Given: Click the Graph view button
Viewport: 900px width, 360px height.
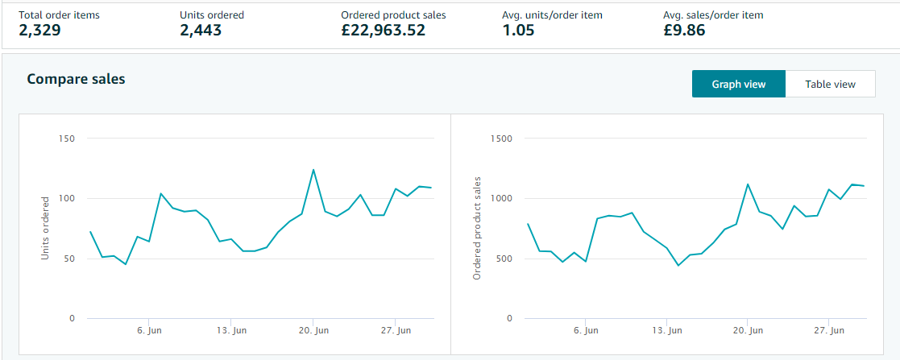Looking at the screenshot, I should [x=738, y=84].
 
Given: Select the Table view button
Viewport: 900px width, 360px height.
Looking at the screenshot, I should [x=830, y=84].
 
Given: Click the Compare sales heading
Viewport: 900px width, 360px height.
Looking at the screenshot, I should [x=76, y=79].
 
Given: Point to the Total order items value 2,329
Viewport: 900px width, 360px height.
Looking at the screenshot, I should [x=40, y=31].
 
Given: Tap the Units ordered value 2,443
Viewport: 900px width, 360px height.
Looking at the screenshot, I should [x=201, y=31].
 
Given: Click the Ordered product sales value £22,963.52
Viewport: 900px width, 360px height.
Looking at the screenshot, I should [x=384, y=31].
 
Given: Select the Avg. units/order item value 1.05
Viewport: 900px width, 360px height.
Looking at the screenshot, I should [x=520, y=31].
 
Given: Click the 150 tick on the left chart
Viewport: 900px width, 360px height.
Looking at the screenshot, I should [x=67, y=139].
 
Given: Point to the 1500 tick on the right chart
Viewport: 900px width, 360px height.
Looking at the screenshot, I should [x=501, y=139].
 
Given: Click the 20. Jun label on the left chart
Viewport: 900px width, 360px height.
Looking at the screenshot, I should [x=313, y=330].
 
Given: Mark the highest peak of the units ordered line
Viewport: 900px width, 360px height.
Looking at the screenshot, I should [x=313, y=170].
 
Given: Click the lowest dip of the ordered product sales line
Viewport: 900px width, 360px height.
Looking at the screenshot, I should [x=678, y=266].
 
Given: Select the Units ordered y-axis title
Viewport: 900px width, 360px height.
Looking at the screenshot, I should [x=46, y=228].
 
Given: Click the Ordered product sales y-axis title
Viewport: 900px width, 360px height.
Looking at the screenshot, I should [x=477, y=228].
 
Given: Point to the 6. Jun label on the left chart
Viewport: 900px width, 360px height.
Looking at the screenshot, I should [x=151, y=330].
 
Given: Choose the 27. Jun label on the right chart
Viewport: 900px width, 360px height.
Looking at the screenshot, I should [x=828, y=330].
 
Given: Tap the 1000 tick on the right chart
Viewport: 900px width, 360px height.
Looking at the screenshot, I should [x=501, y=198].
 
